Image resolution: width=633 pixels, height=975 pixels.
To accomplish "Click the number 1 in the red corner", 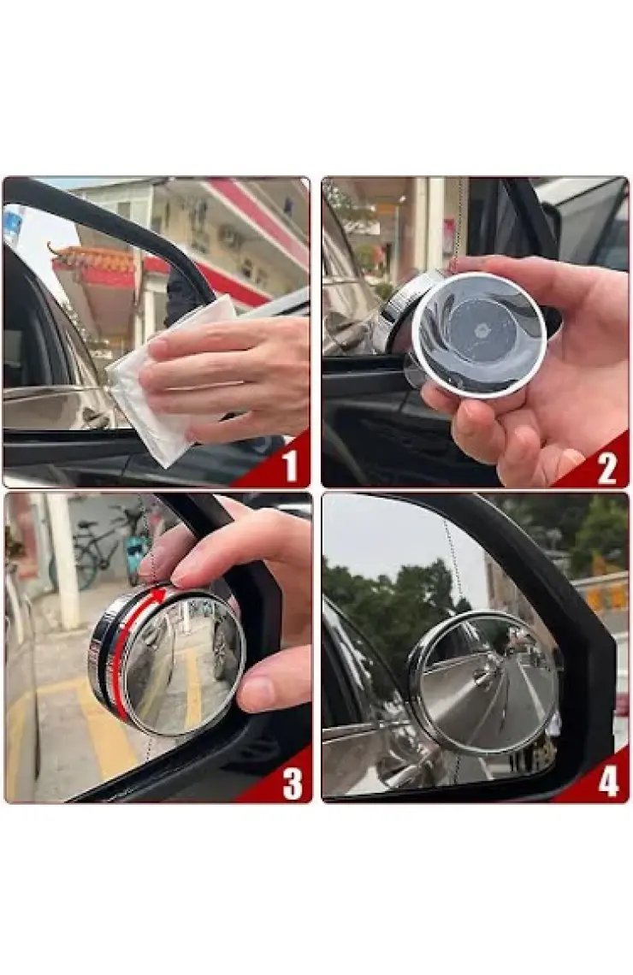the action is [290, 466].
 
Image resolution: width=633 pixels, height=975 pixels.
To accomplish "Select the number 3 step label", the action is [293, 783].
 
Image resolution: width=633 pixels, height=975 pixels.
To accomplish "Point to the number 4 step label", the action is [608, 781].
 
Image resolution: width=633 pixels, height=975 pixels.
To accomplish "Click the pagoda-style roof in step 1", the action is [93, 260].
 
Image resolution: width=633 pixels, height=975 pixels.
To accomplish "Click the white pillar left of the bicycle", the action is [63, 559].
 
